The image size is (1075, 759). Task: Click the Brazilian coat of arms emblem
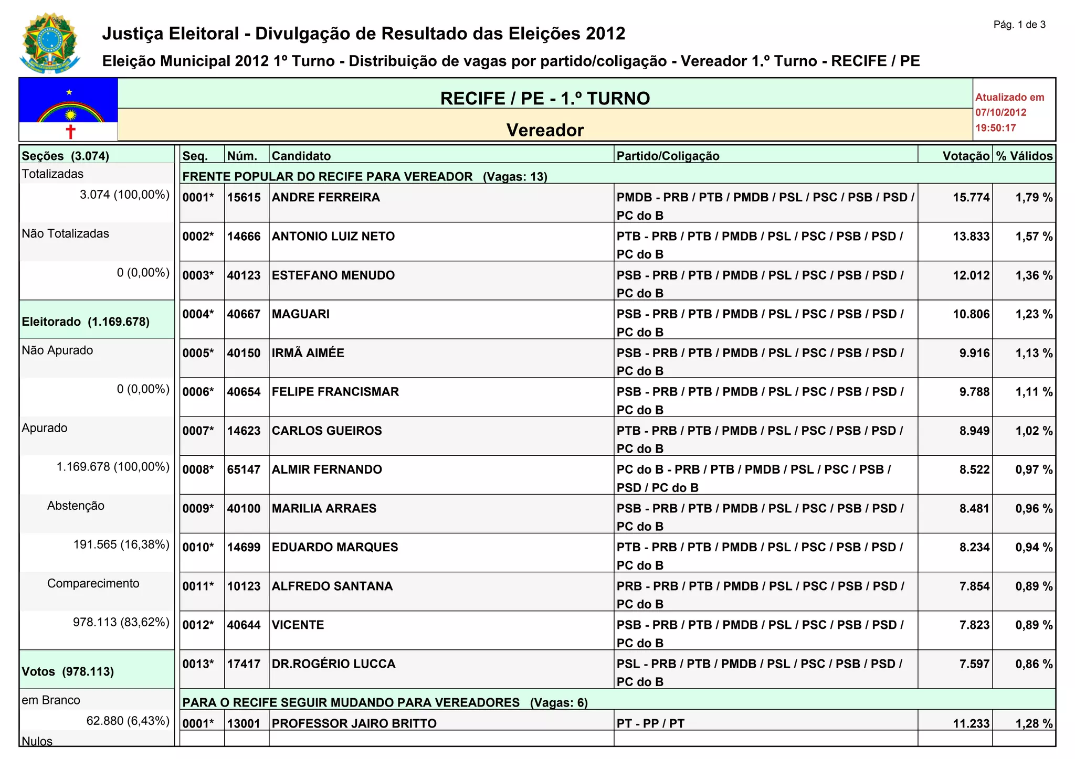click(x=50, y=43)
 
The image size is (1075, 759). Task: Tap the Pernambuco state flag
click(x=68, y=110)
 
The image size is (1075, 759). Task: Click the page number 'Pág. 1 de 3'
click(x=1019, y=25)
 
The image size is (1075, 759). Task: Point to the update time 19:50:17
click(x=995, y=128)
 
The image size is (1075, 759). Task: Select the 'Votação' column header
click(x=965, y=156)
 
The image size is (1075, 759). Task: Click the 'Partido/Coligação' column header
click(x=668, y=156)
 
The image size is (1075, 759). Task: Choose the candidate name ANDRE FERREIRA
click(x=325, y=198)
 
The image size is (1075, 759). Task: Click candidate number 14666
click(x=244, y=237)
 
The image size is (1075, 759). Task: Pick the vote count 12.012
click(x=971, y=275)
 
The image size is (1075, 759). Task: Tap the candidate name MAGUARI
click(x=300, y=314)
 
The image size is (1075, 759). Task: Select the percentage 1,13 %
click(x=1034, y=353)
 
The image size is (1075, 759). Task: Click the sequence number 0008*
click(x=198, y=469)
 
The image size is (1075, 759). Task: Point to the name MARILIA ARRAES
click(x=324, y=508)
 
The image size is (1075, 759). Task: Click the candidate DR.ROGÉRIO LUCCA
click(x=333, y=664)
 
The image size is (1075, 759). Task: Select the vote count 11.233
click(x=971, y=724)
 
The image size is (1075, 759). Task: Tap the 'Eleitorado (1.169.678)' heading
click(x=86, y=322)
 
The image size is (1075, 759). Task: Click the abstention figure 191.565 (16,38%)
click(x=121, y=544)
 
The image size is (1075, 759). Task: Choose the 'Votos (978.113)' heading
click(x=68, y=671)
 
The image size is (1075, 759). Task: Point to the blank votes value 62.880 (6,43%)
click(x=128, y=721)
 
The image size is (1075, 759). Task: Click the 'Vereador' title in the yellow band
click(x=545, y=130)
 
